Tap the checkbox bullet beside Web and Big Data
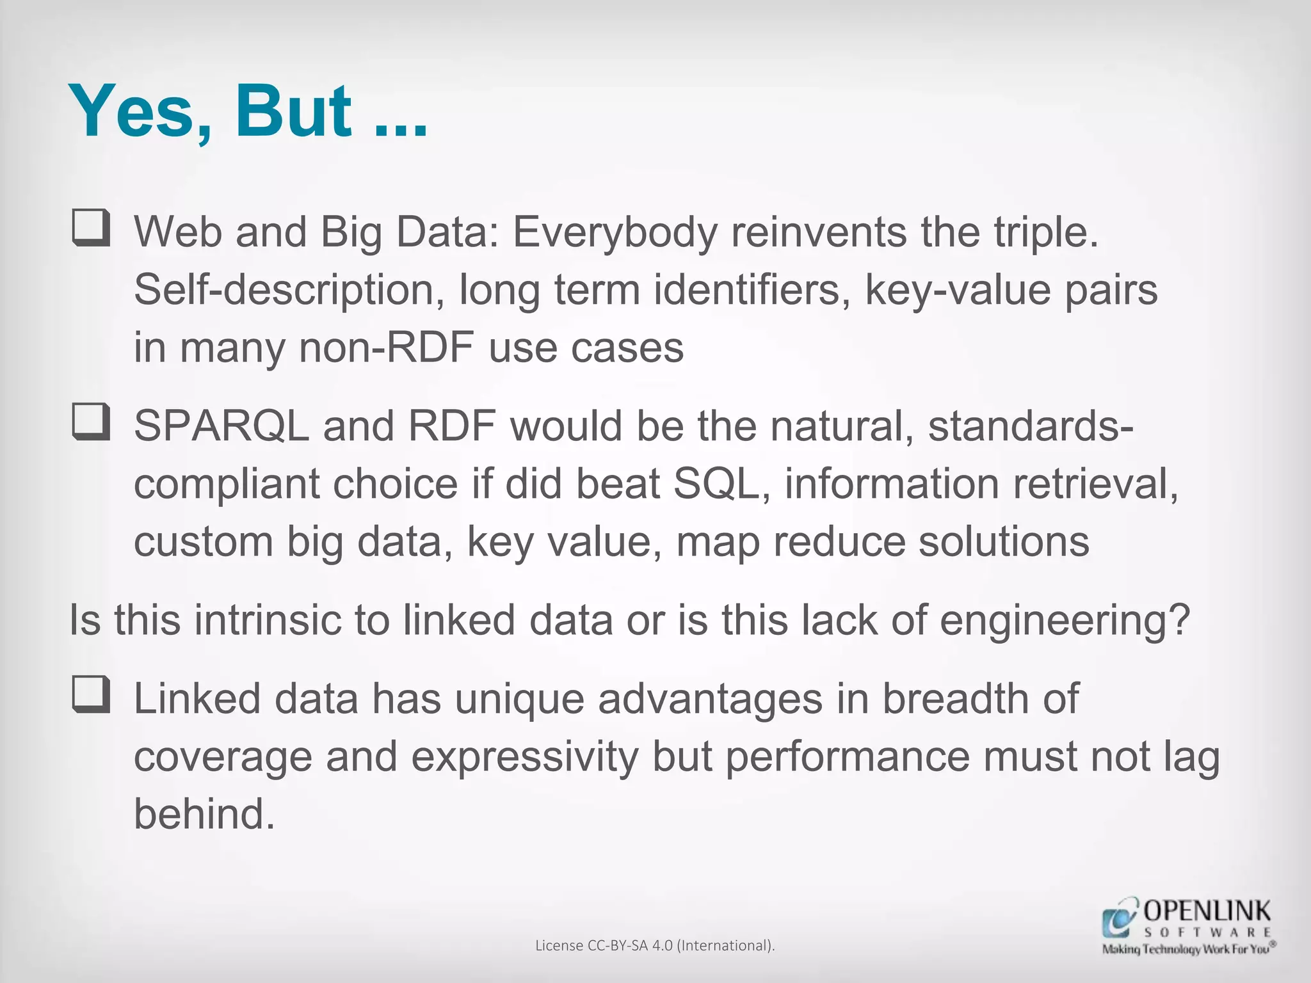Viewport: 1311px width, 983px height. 90,228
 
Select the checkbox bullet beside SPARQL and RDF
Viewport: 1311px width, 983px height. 90,422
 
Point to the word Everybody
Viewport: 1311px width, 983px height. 615,233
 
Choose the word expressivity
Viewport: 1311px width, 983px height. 524,758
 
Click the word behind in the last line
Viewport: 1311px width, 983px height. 204,815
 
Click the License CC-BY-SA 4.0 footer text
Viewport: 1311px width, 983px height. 655,945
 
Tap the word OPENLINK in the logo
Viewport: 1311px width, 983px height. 1207,911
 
